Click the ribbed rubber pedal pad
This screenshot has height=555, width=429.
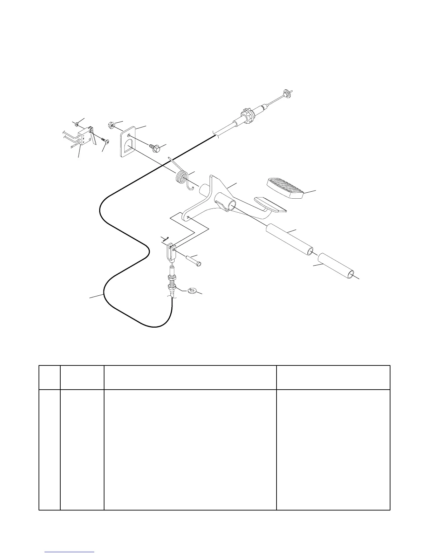point(286,189)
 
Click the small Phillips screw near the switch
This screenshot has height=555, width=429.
point(105,141)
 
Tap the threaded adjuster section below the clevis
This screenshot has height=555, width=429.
point(172,280)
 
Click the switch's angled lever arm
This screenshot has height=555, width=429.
point(94,138)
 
